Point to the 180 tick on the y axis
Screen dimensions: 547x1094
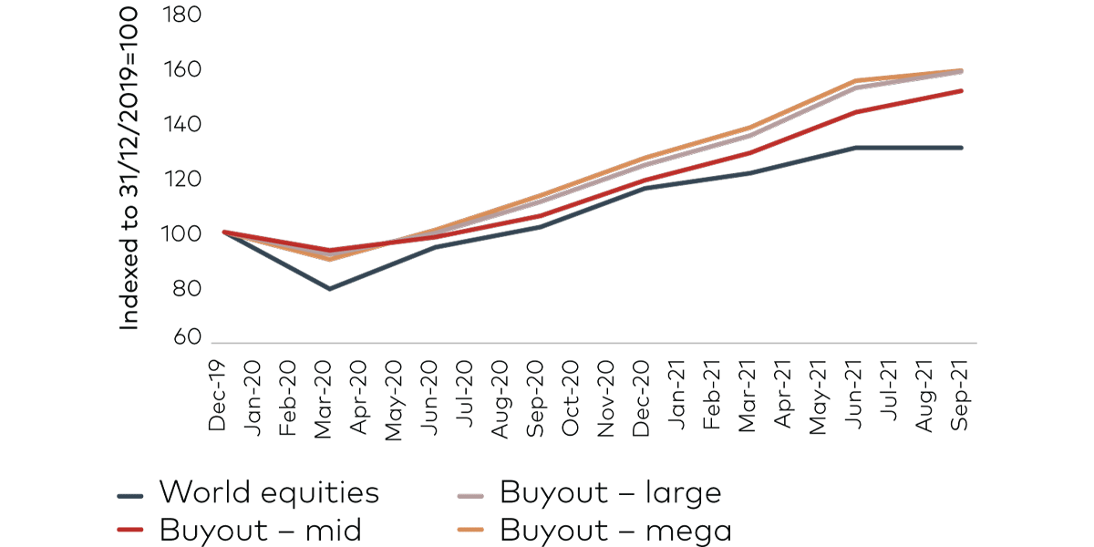(181, 15)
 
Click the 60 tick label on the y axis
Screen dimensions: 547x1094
(186, 337)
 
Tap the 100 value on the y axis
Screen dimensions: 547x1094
(181, 234)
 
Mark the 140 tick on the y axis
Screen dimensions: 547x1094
(181, 125)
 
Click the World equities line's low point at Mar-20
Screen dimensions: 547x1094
(329, 289)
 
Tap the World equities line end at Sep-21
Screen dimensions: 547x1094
(962, 148)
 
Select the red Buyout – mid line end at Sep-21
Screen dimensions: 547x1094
(962, 90)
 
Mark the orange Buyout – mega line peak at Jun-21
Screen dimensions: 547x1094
(855, 80)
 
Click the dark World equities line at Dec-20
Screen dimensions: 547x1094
(643, 187)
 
